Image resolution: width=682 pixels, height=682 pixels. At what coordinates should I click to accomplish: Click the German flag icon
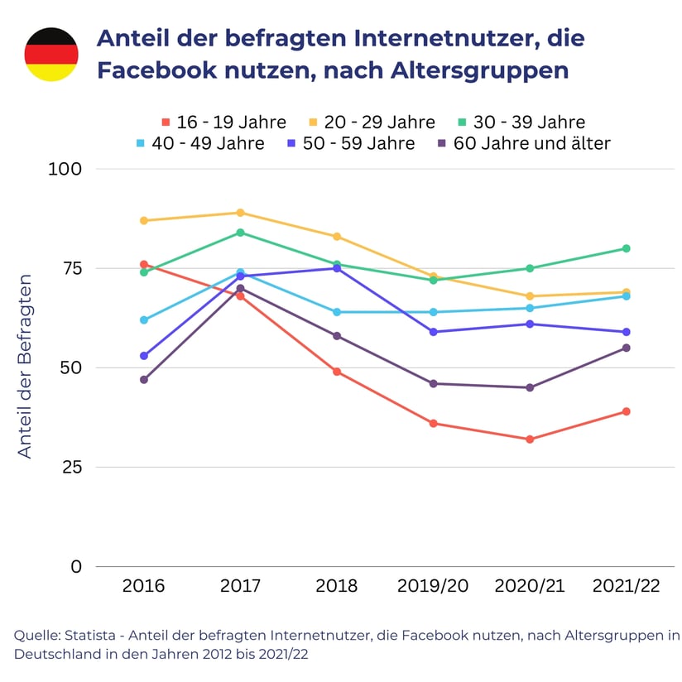(51, 54)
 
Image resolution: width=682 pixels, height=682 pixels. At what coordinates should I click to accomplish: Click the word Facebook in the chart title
(149, 70)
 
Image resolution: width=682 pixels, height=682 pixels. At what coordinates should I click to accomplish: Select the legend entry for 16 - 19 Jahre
(223, 122)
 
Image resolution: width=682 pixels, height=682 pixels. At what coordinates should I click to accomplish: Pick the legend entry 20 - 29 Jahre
(372, 122)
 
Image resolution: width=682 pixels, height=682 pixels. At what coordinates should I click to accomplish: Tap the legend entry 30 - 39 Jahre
(521, 122)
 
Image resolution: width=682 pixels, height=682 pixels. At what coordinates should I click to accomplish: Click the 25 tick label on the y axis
(71, 468)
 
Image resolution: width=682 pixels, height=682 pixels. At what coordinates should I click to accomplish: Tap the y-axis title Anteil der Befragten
(25, 366)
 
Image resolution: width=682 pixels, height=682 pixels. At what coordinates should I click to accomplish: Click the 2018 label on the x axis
(337, 586)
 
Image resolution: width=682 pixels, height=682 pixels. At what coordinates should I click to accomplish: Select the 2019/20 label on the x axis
(433, 586)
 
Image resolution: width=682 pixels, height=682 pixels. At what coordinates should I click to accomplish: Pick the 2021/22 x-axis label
(627, 586)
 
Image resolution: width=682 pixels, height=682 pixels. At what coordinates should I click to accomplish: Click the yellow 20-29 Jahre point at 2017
(240, 213)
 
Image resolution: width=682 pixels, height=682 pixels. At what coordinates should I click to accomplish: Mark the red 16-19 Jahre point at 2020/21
(530, 439)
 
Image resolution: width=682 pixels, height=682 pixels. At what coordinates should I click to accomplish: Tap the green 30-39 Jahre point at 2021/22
(627, 248)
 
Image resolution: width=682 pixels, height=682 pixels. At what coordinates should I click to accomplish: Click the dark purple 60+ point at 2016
(144, 380)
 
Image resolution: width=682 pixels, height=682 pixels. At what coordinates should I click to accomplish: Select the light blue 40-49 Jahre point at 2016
(144, 319)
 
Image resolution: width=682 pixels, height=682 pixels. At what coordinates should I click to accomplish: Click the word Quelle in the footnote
(36, 636)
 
